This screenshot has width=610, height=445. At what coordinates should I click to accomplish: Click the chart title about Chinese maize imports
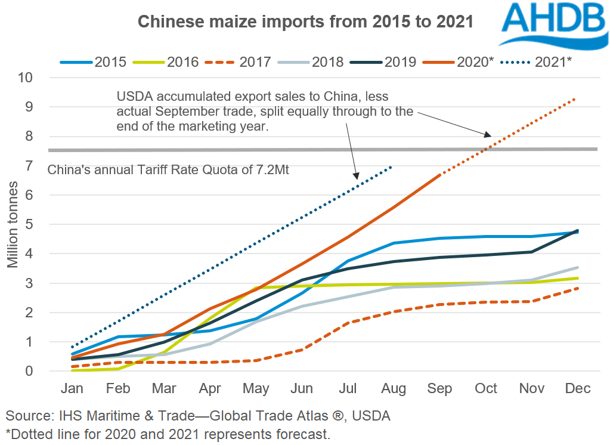(305, 22)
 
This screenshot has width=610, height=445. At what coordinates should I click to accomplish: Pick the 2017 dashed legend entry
(239, 61)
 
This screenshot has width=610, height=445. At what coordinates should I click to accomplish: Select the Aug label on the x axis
(393, 389)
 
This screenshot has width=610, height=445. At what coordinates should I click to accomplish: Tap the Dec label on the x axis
(577, 389)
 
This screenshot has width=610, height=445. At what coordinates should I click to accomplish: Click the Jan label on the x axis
(72, 389)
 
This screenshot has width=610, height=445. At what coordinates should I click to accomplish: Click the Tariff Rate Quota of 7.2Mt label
(168, 170)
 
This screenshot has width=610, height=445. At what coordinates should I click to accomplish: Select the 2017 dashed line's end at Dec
(577, 288)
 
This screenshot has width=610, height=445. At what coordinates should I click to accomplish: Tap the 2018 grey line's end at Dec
(577, 268)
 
